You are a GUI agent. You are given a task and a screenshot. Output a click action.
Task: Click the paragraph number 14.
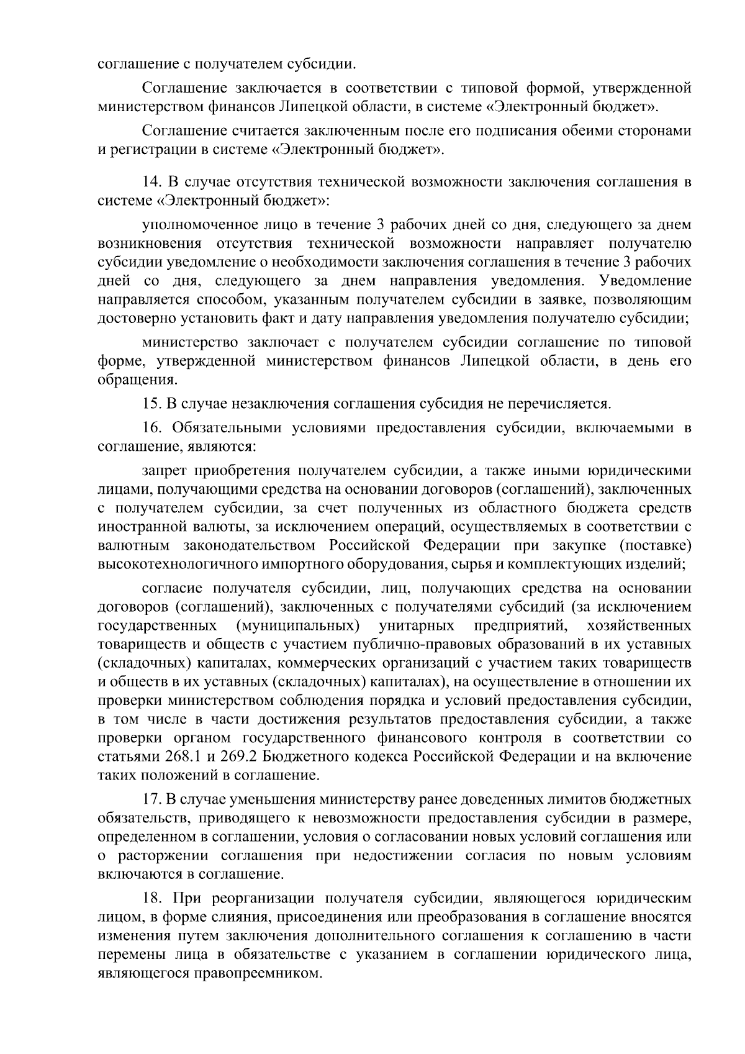pos(151,182)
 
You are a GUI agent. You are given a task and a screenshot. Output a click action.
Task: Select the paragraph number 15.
pos(151,404)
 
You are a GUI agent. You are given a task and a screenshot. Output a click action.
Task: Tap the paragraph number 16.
pos(151,427)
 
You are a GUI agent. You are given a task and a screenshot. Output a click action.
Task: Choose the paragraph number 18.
pos(151,898)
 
